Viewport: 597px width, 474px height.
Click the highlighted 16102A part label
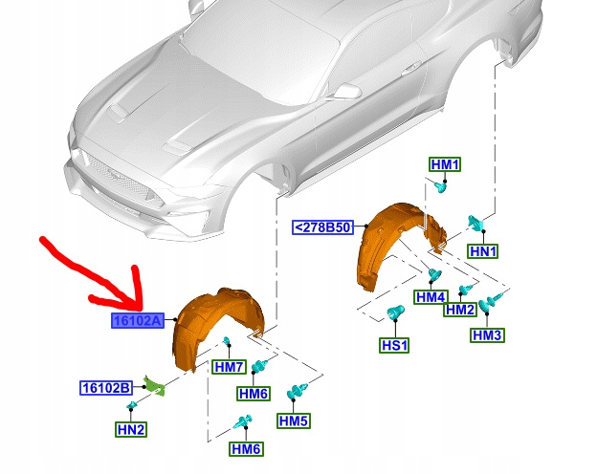(138, 321)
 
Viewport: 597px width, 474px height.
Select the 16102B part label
(106, 388)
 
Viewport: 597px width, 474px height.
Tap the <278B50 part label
(322, 227)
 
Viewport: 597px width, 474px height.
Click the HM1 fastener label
(445, 164)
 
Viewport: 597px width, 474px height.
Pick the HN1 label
(483, 251)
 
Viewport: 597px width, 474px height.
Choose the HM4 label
(431, 297)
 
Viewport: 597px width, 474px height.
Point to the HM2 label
(460, 310)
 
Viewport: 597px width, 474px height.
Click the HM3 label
(487, 335)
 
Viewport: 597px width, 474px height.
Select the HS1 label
(394, 345)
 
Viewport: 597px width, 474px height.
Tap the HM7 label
(229, 367)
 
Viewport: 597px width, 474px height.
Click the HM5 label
(294, 420)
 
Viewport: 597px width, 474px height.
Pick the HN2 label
(131, 429)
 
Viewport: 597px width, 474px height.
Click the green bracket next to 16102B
(154, 386)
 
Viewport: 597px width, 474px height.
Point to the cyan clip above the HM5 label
(297, 392)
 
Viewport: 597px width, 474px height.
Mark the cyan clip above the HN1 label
(475, 222)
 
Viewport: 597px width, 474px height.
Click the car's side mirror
(346, 92)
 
